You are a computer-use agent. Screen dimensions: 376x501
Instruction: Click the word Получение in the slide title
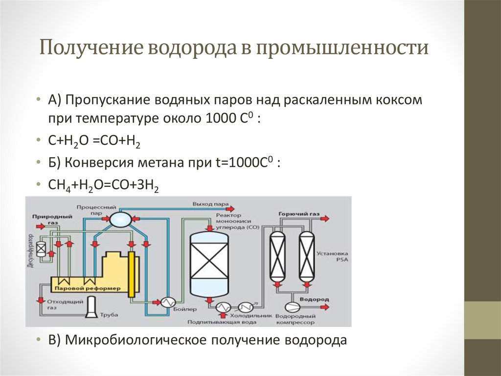pos(92,49)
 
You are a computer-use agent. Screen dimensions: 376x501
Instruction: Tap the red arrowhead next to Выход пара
pos(234,203)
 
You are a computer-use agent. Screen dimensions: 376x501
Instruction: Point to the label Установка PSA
pos(332,257)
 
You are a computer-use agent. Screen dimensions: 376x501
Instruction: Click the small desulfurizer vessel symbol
pos(41,251)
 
